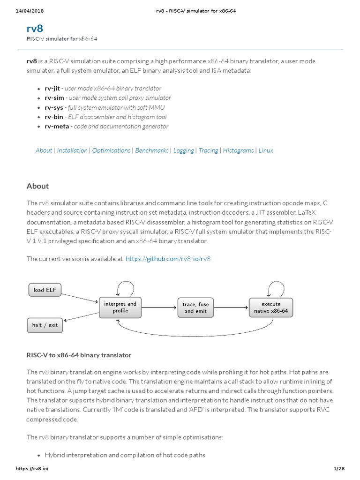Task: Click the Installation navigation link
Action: [x=72, y=150]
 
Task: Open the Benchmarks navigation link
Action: [x=152, y=150]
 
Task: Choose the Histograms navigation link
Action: [x=238, y=150]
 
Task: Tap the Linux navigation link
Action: [x=266, y=150]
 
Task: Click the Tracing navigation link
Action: [x=208, y=150]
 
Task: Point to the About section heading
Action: [x=38, y=186]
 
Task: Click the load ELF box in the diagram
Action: [x=45, y=290]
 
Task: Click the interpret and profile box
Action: [x=120, y=307]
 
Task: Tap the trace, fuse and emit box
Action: [x=195, y=307]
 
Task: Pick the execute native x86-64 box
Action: [x=271, y=307]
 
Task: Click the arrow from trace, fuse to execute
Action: [x=231, y=307]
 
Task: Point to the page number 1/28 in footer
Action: [x=338, y=469]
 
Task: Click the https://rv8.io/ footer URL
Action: [x=32, y=469]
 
